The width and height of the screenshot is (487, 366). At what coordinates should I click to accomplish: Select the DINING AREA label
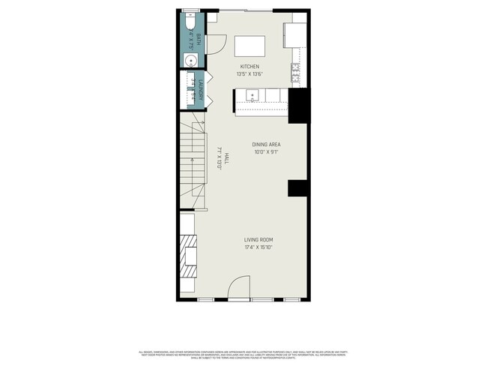click(x=266, y=145)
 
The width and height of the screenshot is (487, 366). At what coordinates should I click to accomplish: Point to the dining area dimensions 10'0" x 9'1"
click(x=266, y=153)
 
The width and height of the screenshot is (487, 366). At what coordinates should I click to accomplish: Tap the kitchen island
click(x=249, y=46)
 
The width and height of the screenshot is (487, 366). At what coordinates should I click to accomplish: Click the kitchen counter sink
click(x=252, y=95)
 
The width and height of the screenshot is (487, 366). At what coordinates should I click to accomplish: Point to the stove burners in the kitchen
click(x=297, y=73)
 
